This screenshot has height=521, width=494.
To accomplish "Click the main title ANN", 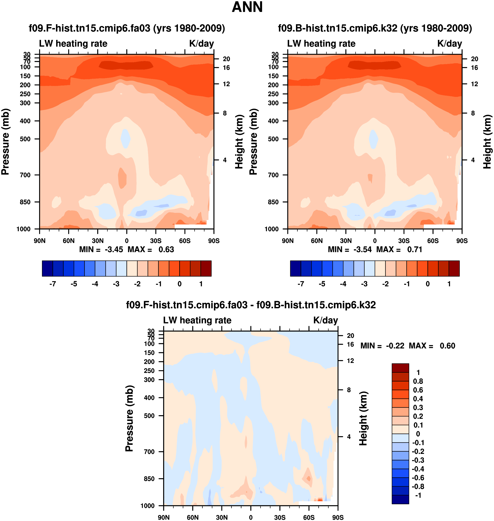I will pyautogui.click(x=247, y=7).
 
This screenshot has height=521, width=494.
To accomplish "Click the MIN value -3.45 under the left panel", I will pyautogui.click(x=114, y=249).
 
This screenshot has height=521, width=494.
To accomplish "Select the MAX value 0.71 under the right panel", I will pyautogui.click(x=414, y=249).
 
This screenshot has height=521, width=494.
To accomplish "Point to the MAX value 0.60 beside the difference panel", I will pyautogui.click(x=447, y=346).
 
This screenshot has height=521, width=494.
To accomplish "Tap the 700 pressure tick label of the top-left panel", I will pyautogui.click(x=25, y=175).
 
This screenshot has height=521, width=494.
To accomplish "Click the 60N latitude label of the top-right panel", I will pyautogui.click(x=317, y=241).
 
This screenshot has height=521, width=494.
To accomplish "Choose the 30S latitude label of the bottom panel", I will pyautogui.click(x=280, y=517).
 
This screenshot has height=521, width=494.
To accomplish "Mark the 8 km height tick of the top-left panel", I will pyautogui.click(x=225, y=113).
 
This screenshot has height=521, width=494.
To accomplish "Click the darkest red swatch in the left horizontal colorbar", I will pyautogui.click(x=206, y=268).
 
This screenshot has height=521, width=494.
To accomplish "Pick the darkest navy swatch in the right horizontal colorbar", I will pyautogui.click(x=296, y=268).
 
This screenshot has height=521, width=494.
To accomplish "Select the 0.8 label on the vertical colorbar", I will pyautogui.click(x=418, y=381).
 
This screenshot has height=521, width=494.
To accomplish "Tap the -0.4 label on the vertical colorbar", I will pyautogui.click(x=418, y=469).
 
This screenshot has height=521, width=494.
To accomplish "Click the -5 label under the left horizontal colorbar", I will pyautogui.click(x=74, y=284).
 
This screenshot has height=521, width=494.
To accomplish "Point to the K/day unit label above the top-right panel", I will pyautogui.click(x=449, y=44).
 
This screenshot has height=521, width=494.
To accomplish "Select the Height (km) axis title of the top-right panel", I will pyautogui.click(x=487, y=142).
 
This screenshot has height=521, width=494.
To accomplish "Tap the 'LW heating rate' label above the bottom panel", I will pyautogui.click(x=197, y=320).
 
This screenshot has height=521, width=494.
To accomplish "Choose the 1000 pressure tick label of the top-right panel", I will pyautogui.click(x=272, y=229).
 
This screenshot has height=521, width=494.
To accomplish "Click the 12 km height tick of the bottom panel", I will pyautogui.click(x=350, y=361).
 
